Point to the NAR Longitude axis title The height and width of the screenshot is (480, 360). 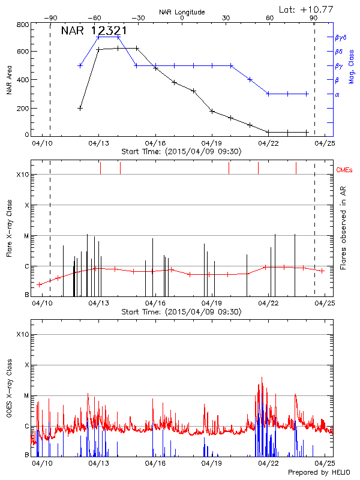pyautogui.click(x=182, y=11)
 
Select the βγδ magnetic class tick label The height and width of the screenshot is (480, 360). pyautogui.click(x=340, y=37)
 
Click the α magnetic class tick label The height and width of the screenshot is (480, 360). pyautogui.click(x=337, y=94)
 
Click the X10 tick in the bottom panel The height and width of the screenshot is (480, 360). pyautogui.click(x=23, y=334)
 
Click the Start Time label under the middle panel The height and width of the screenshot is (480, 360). pyautogui.click(x=181, y=312)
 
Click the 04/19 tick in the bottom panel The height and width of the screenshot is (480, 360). pyautogui.click(x=212, y=463)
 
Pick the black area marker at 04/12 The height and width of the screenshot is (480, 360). pyautogui.click(x=80, y=108)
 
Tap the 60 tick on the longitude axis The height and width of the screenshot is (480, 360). pyautogui.click(x=269, y=18)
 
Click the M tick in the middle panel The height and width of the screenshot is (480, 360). pyautogui.click(x=26, y=236)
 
